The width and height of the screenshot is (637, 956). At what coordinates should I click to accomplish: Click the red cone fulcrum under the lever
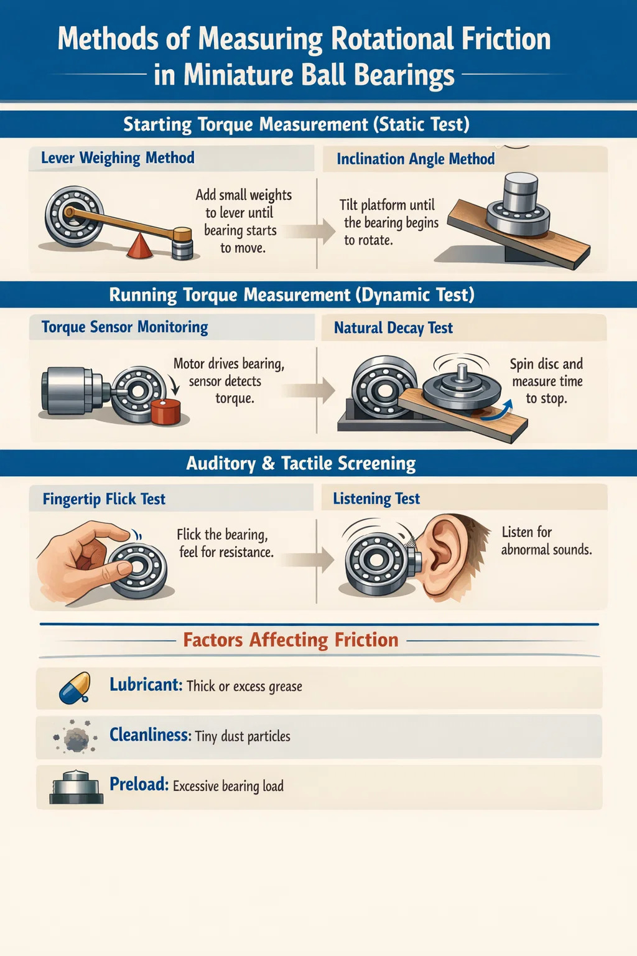(139, 246)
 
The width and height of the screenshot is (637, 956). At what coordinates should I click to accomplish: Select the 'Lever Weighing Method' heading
(118, 157)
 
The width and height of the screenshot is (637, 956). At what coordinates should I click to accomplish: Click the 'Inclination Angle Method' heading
(416, 159)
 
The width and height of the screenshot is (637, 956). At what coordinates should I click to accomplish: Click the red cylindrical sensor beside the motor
(165, 411)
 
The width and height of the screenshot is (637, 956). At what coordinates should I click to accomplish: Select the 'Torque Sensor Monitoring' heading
(124, 327)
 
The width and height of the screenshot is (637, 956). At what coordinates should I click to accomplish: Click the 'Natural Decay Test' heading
(393, 328)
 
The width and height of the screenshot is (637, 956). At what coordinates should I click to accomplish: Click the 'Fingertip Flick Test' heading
(104, 499)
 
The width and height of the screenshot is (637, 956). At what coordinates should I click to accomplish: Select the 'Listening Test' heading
(376, 499)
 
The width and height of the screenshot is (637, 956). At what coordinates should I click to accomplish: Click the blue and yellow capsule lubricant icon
(75, 688)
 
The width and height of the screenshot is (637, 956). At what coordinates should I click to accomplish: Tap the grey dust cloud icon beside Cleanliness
(75, 736)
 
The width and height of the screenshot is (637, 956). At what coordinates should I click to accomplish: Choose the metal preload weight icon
(77, 787)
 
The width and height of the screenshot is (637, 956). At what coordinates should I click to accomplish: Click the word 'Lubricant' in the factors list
(146, 685)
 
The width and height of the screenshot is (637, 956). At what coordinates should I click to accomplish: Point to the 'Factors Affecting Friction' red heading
(291, 640)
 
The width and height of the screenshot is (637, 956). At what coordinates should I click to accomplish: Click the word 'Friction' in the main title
(506, 39)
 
